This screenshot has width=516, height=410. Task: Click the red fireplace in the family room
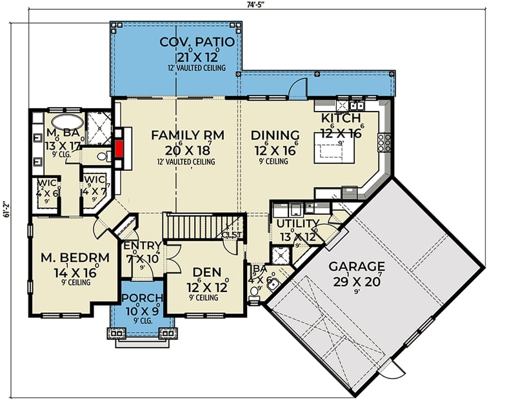pyautogui.click(x=119, y=148)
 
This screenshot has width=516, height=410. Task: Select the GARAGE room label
pyautogui.click(x=356, y=266)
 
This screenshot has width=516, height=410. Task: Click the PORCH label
pyautogui.click(x=143, y=298)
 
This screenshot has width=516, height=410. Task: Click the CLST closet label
pyautogui.click(x=230, y=235)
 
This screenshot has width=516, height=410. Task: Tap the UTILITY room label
pyautogui.click(x=297, y=223)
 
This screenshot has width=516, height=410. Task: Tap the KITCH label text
pyautogui.click(x=342, y=119)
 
